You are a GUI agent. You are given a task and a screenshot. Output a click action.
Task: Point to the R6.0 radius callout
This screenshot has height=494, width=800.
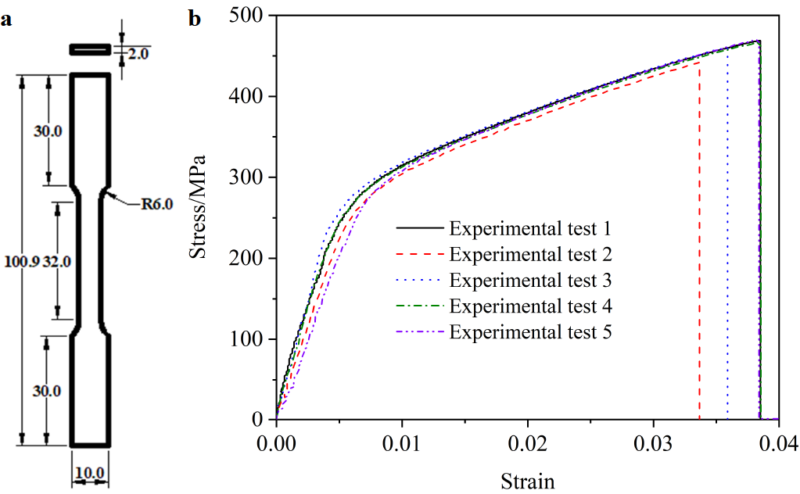pos(156,205)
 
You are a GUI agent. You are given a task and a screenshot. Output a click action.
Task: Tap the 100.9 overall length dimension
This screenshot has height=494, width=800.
pos(18,262)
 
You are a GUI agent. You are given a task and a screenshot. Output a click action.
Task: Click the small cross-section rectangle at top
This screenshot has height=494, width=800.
pos(91,49)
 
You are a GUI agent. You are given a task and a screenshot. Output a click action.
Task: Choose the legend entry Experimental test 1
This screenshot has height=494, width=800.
pos(529,229)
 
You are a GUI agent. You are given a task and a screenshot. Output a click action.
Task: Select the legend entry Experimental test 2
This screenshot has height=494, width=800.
pos(529,254)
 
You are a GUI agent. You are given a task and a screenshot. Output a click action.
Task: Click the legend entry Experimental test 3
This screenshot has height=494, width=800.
pos(529,280)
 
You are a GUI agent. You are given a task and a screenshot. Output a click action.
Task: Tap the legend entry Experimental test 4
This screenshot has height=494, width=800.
pos(529,305)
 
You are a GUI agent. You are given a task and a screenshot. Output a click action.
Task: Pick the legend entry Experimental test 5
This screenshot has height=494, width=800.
pos(529,331)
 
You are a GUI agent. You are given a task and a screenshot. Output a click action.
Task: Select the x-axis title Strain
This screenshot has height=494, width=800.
pos(527,479)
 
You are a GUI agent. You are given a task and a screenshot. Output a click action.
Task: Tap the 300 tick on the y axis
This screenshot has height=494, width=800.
pos(248,177)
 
